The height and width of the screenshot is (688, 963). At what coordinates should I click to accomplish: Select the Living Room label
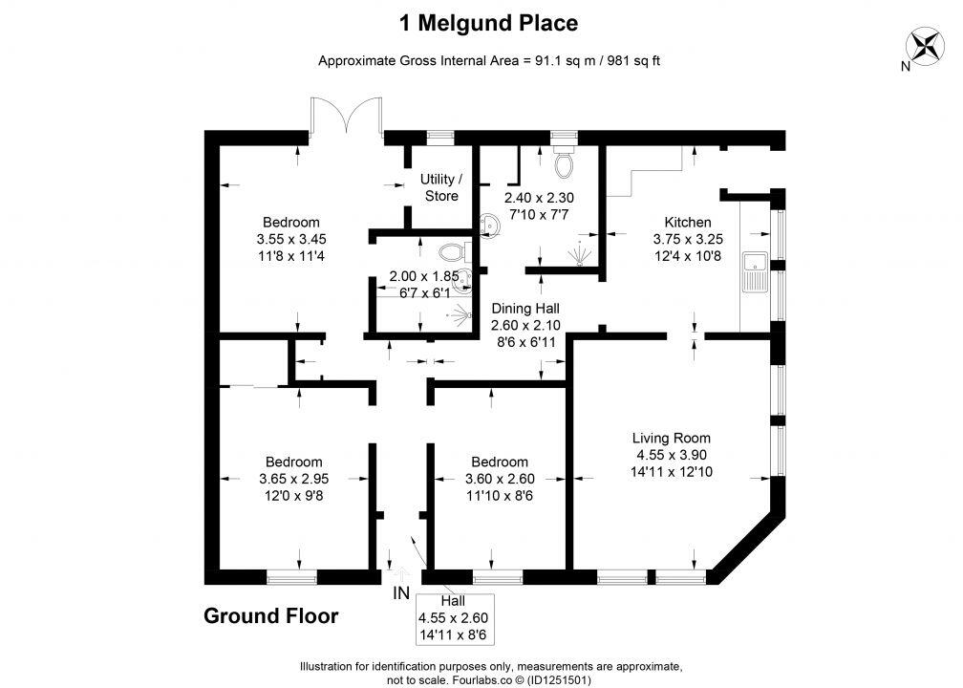tap(671, 439)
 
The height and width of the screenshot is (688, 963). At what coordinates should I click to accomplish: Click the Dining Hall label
tap(524, 309)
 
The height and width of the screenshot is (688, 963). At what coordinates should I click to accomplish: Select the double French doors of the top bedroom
tap(348, 119)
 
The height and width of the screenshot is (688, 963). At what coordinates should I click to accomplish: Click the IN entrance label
tap(401, 593)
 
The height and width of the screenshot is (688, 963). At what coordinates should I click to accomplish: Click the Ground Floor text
tap(270, 616)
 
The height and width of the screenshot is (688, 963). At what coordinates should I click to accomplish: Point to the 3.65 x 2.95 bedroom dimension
tap(293, 479)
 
